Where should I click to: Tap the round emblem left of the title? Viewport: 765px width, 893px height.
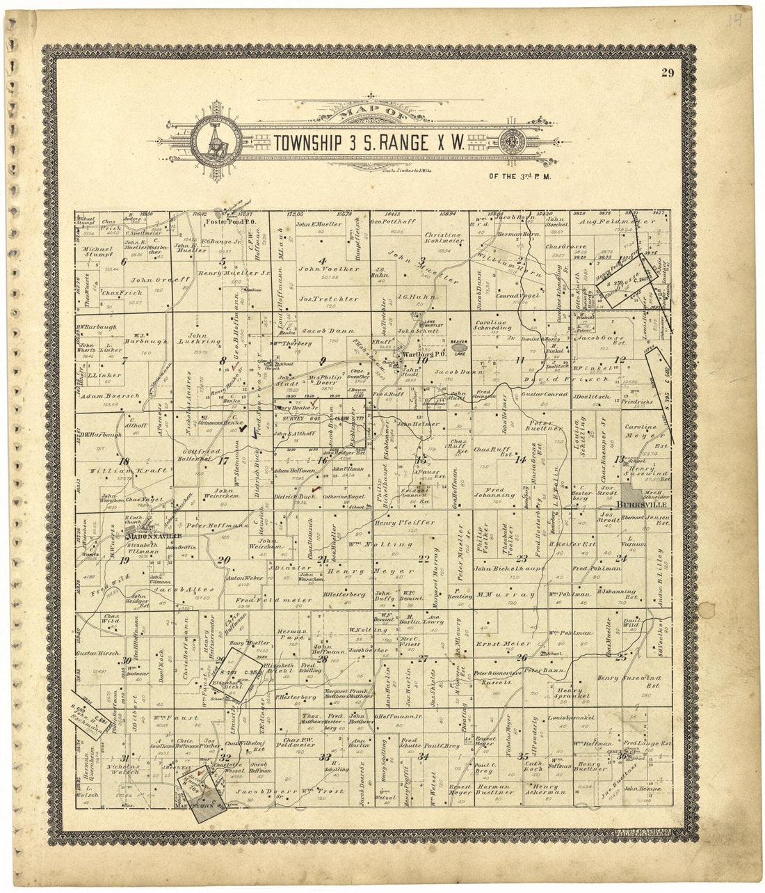216,143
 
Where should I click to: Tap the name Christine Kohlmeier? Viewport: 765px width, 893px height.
443,239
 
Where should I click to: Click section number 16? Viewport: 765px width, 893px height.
322,460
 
